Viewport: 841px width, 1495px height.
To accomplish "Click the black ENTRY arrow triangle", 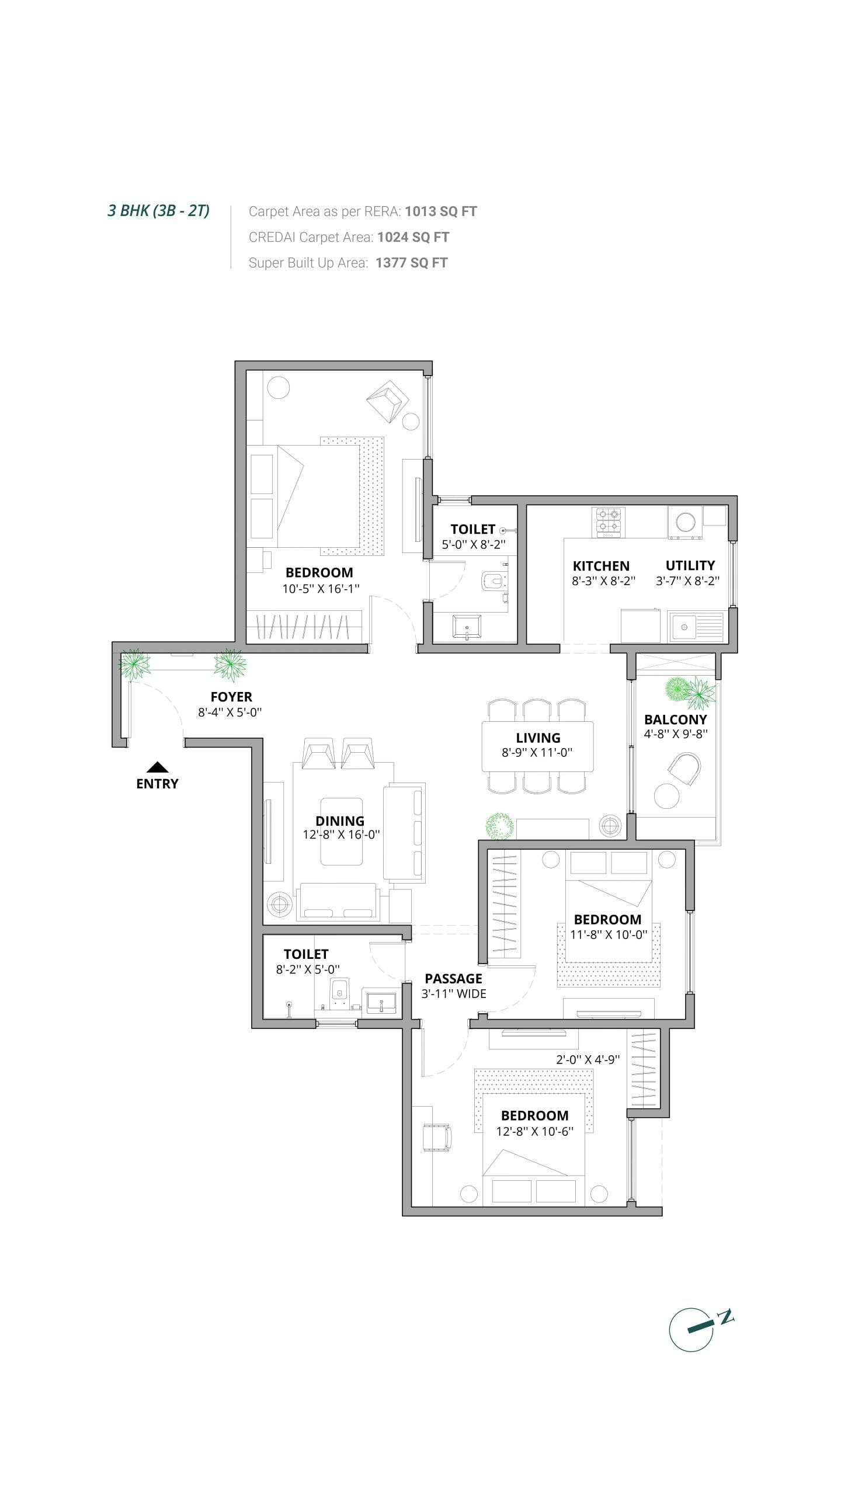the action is (x=157, y=767).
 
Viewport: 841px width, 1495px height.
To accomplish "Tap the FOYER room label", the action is (x=231, y=697).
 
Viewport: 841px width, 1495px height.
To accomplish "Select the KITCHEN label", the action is (x=601, y=566).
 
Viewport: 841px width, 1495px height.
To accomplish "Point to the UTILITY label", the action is (x=690, y=565).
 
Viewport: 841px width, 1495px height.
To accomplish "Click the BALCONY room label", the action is (x=676, y=719).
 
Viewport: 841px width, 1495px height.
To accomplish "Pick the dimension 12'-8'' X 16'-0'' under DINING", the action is (x=341, y=835).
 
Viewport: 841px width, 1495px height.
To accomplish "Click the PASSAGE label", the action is (x=453, y=979).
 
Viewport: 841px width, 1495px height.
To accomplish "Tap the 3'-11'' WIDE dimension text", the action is (x=454, y=994).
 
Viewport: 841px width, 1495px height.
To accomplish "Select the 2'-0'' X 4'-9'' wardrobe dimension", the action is (x=588, y=1059).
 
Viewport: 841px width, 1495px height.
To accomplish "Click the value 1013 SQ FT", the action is (x=441, y=211).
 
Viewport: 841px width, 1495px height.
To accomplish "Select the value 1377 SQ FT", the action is (x=412, y=263).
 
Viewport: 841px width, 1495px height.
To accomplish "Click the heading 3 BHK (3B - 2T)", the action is (x=158, y=211).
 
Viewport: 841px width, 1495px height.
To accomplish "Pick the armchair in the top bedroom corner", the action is (x=387, y=401).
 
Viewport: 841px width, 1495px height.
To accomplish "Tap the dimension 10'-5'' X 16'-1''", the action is (x=321, y=589).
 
